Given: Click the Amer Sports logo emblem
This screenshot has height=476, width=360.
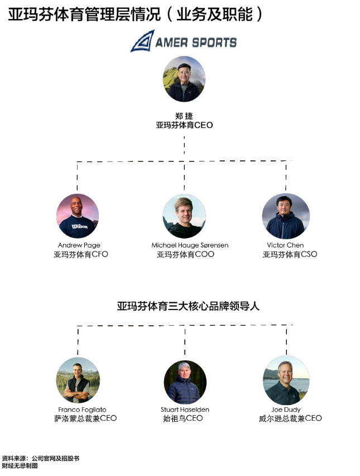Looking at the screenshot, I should (x=142, y=41).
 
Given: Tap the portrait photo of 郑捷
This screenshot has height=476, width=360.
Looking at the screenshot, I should (x=184, y=79).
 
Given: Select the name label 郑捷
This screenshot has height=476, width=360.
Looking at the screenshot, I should (x=184, y=116).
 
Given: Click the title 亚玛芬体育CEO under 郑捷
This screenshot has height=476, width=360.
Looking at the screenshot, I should (x=184, y=125).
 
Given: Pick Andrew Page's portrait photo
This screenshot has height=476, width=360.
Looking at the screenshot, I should (x=78, y=216).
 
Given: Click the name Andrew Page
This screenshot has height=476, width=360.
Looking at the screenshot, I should (x=79, y=245).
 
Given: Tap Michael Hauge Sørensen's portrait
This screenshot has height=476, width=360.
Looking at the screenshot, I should (x=184, y=216).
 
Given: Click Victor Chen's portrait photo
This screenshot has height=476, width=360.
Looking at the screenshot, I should (x=285, y=216).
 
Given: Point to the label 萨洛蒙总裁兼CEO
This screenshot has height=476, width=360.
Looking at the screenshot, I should (x=85, y=418).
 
